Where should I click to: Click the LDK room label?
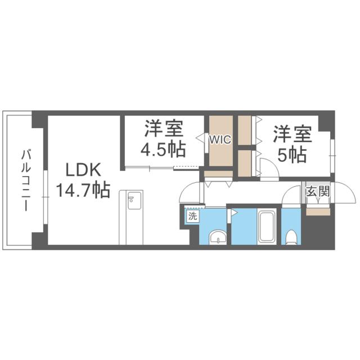(84, 170)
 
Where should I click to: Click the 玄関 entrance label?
(317, 192)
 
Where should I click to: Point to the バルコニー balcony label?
(25, 180)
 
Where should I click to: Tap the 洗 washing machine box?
(192, 215)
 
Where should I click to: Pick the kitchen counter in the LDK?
(133, 217)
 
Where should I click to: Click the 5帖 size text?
(291, 154)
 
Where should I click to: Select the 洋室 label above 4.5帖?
(164, 129)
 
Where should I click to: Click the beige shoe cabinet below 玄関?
(318, 211)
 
